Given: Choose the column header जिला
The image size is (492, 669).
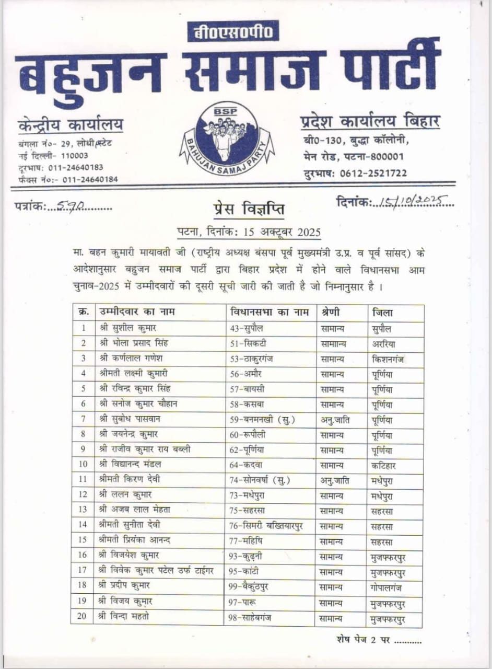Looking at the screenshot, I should (x=383, y=313).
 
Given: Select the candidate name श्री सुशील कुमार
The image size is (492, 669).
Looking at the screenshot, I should (x=128, y=329).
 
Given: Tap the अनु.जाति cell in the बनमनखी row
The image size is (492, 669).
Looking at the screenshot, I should (x=335, y=420).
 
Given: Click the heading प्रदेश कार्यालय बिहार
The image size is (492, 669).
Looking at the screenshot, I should (x=370, y=122).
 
